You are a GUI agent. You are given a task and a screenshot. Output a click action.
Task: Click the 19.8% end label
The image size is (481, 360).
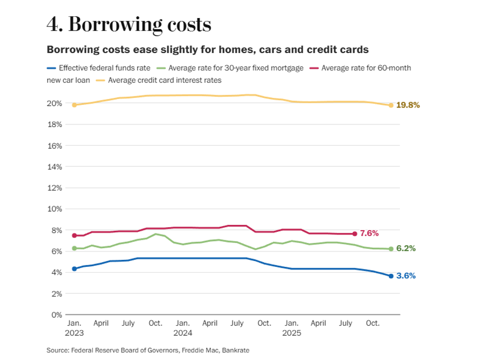(408, 105)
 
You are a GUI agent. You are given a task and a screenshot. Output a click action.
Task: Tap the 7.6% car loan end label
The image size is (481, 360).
(369, 233)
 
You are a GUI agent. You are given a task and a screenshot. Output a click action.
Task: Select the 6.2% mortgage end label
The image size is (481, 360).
(406, 248)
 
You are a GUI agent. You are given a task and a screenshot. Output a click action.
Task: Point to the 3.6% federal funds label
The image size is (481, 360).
(406, 276)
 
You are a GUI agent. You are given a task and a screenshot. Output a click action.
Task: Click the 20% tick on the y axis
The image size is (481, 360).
(55, 103)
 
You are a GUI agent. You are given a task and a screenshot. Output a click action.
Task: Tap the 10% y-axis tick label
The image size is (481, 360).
(55, 209)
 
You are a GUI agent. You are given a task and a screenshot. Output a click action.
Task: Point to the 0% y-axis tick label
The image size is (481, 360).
(57, 314)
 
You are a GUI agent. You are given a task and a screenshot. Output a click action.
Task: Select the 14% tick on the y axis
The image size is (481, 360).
(55, 166)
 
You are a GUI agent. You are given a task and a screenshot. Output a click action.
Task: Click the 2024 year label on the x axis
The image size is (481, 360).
(183, 334)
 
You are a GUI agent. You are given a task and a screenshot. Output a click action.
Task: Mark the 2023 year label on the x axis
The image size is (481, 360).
(74, 334)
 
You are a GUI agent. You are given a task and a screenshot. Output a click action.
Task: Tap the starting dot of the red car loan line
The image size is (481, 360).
(75, 236)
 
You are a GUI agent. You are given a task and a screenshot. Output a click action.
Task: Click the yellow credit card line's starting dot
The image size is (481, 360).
(75, 105)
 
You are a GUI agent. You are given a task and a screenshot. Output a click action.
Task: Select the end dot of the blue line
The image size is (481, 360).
(391, 276)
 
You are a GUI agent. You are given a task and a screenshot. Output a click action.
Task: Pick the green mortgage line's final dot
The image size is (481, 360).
(391, 249)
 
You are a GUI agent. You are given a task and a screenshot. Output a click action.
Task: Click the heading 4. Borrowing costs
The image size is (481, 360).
(129, 24)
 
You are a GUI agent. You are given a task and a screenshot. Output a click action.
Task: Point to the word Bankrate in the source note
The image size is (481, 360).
(235, 350)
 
